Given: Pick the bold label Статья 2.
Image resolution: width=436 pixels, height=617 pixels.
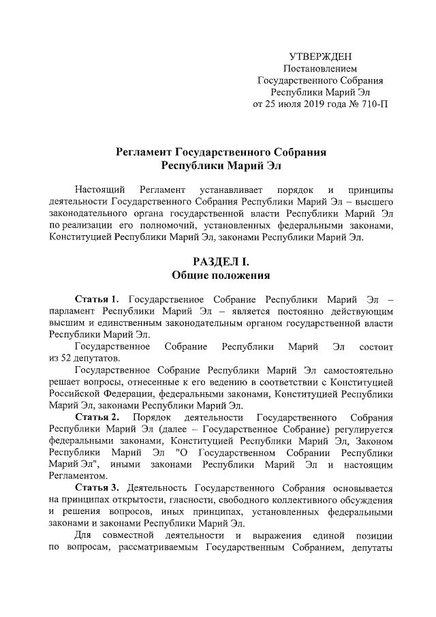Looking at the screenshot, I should pos(97,416).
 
